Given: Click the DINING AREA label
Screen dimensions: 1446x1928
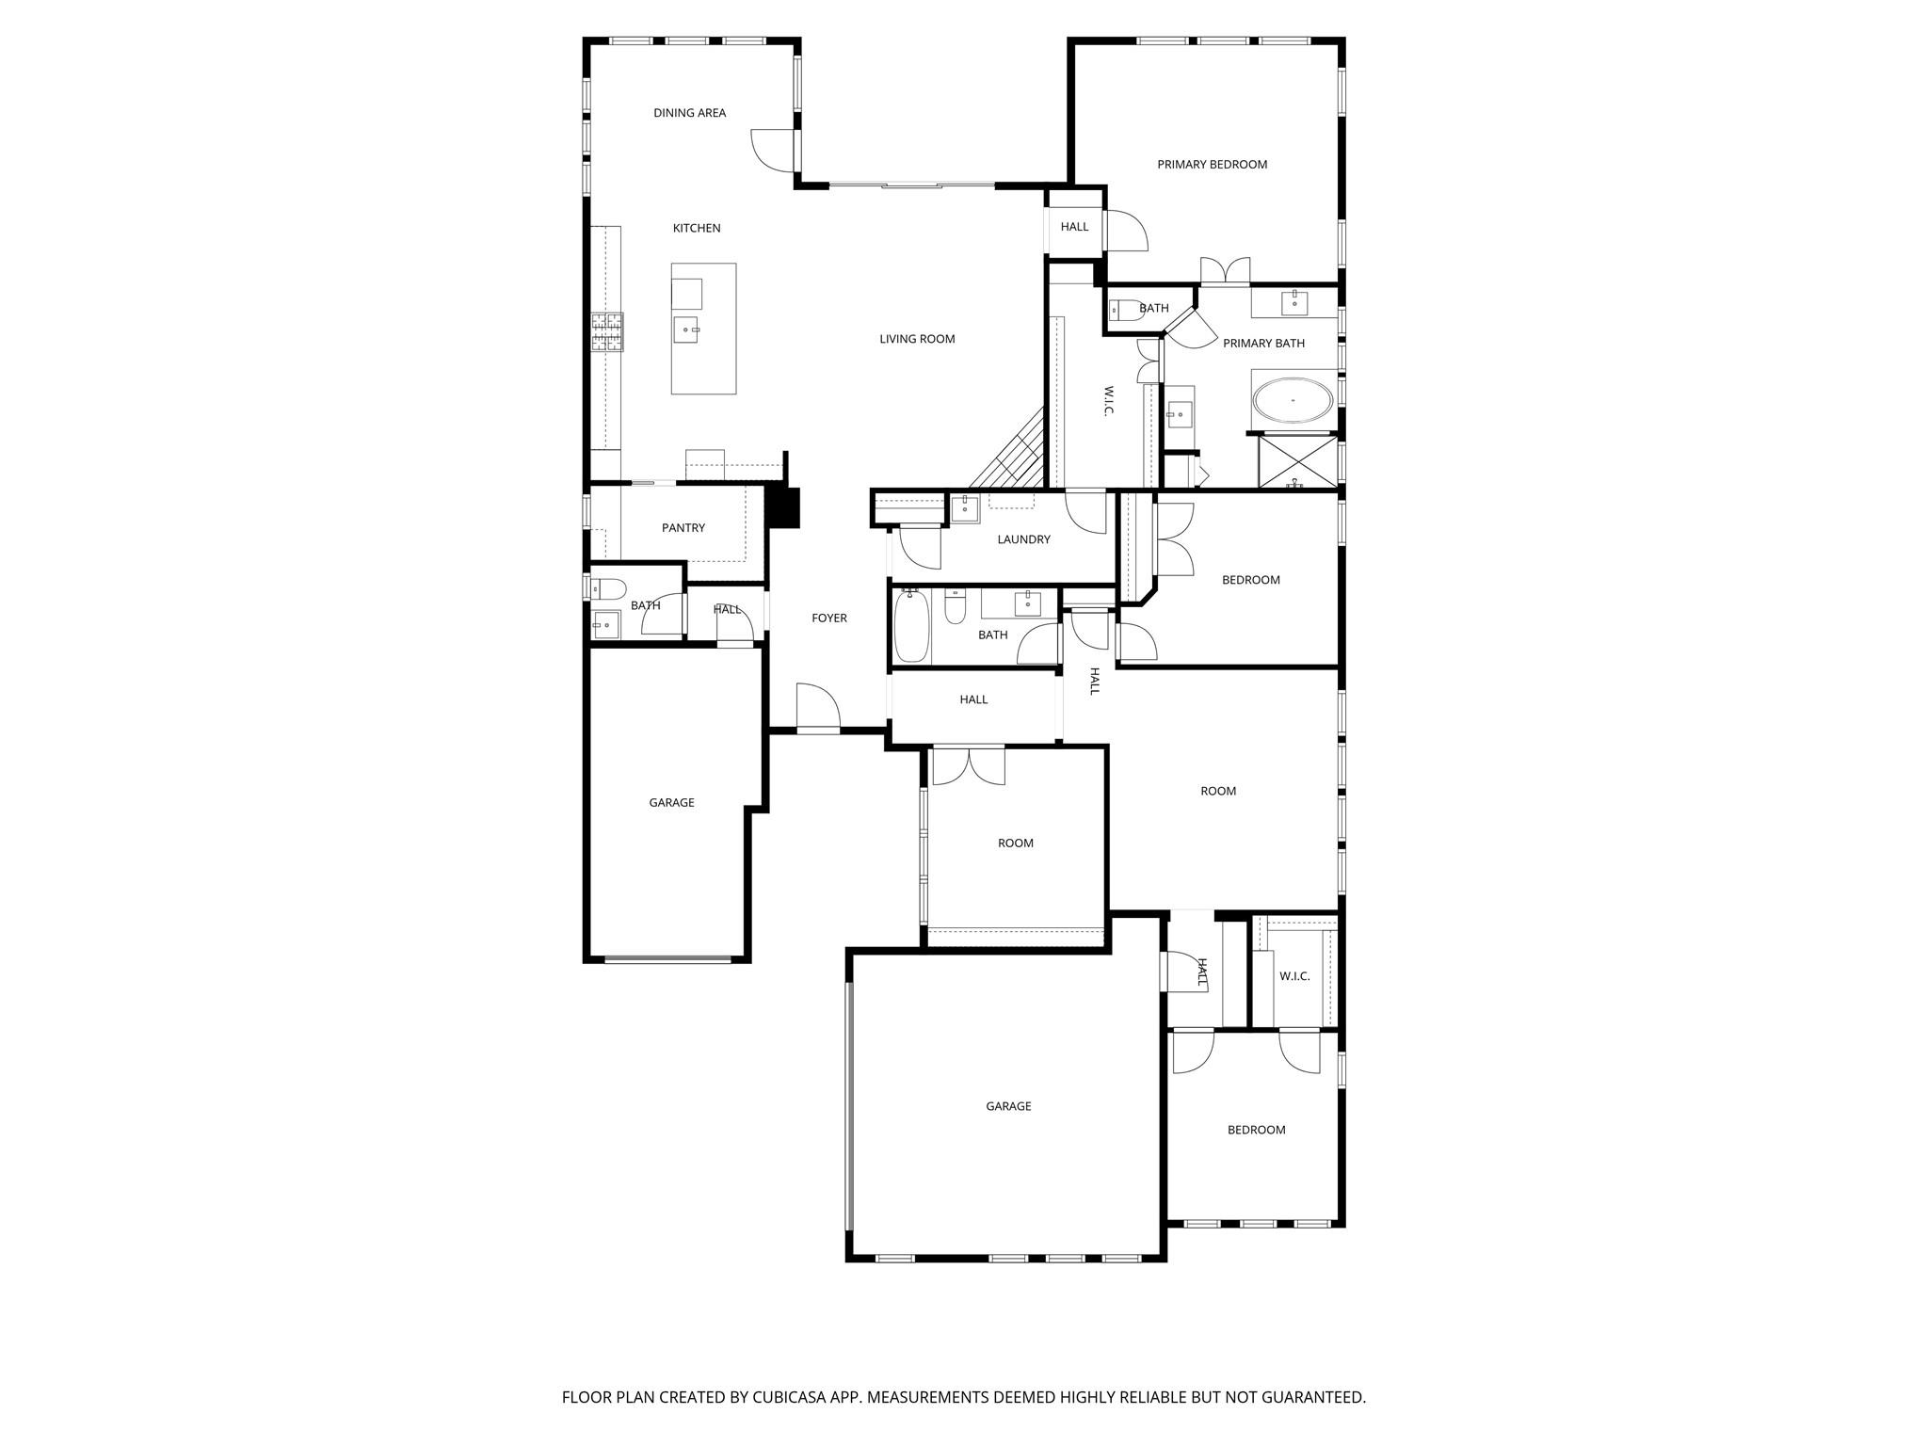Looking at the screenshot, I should coord(689,113).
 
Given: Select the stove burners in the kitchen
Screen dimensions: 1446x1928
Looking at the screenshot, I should coord(607,332).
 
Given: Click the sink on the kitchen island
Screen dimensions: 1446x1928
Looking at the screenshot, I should coord(685,329).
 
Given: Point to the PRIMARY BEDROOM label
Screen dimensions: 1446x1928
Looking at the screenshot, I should coord(1212,165).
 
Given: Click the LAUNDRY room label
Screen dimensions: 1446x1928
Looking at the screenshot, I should coord(1023,539).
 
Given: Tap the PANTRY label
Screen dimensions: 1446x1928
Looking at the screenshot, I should coord(683,528).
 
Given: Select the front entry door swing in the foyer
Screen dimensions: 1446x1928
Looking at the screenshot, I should coord(817,707).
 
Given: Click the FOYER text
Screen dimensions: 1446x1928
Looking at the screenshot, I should coord(829,619).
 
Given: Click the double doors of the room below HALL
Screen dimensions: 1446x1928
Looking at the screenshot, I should coord(968,765).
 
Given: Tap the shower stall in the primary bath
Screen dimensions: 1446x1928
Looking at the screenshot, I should coord(1296,460).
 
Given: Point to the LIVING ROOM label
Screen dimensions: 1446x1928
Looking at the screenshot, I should coord(917,339).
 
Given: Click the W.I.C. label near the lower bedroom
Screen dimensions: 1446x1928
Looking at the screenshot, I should coord(1294,976).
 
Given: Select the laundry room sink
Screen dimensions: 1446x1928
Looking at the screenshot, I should coord(965,509).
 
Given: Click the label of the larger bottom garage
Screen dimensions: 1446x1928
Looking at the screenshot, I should coord(1008,1106).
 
